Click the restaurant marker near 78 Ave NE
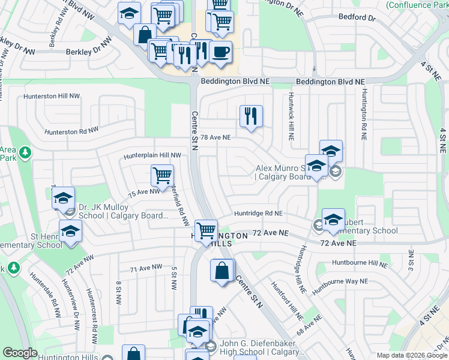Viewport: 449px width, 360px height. pos(251,116)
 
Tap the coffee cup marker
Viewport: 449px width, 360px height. pos(220,52)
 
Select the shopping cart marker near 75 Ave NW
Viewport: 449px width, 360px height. pos(162,176)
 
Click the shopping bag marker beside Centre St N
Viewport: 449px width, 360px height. pos(222,270)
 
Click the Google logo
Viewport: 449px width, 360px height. pos(20,353)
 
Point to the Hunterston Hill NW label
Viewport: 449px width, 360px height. pos(52,96)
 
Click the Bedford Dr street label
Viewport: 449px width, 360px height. pos(357,17)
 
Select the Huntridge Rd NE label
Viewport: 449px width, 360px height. pos(258,213)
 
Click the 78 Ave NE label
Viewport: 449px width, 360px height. pos(215,137)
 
